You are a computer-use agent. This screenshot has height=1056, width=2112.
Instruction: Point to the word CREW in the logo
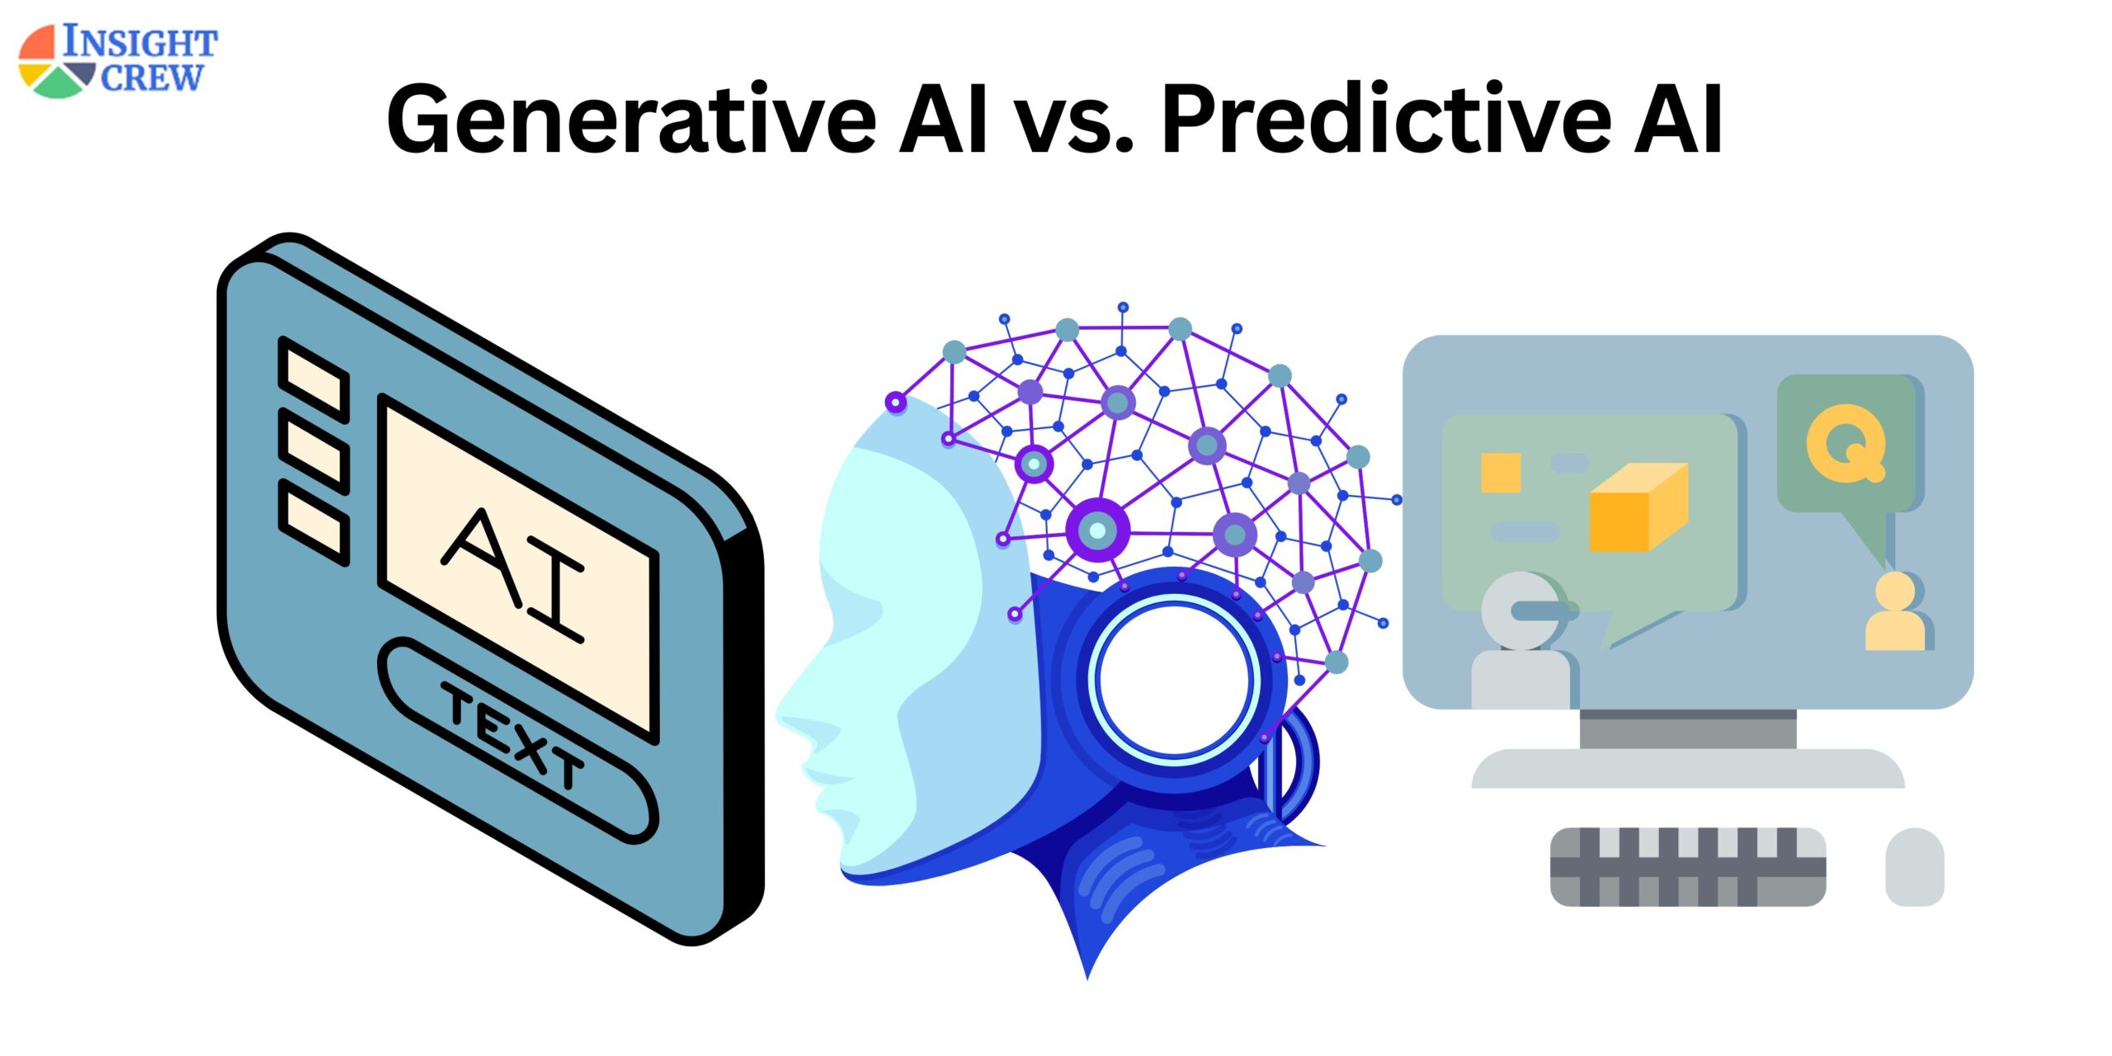coord(151,78)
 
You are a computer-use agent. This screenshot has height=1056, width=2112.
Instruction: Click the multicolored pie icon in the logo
coord(54,62)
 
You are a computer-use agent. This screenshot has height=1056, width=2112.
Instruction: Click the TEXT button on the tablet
coord(515,737)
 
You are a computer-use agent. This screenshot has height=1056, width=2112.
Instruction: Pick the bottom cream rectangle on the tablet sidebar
coord(313,522)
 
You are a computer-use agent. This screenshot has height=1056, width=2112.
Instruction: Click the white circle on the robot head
coord(1175,681)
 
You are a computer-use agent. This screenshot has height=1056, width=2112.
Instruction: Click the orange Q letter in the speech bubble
coord(1846,443)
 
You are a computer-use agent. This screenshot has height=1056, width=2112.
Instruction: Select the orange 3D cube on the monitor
coord(1638,507)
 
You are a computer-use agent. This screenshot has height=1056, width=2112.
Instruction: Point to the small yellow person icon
coord(1895,611)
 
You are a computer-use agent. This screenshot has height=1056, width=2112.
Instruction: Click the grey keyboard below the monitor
coord(1688,866)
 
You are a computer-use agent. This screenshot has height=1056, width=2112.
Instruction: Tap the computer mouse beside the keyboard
coord(1915,866)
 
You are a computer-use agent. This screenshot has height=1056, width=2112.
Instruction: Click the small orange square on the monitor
coord(1501,473)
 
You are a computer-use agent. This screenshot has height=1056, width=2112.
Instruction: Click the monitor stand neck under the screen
coord(1688,728)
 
